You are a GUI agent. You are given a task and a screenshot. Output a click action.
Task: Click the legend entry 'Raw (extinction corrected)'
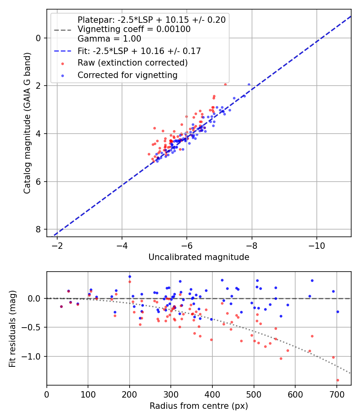click(132, 63)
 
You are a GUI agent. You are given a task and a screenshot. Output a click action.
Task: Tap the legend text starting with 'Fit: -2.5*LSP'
click(139, 51)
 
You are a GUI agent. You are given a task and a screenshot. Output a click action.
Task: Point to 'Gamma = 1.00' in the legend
click(109, 39)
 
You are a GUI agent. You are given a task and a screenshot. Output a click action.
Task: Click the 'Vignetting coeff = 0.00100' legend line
click(134, 29)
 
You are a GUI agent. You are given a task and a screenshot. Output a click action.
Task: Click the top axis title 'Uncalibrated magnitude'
click(199, 257)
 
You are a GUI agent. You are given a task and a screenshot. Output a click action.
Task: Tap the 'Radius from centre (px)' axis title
click(199, 406)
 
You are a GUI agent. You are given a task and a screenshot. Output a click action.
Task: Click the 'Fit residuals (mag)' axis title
click(13, 328)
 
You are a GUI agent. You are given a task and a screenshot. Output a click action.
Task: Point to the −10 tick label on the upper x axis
click(317, 245)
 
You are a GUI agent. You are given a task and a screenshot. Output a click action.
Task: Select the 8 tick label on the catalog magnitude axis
click(38, 229)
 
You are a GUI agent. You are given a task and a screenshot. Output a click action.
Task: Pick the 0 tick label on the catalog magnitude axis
click(38, 38)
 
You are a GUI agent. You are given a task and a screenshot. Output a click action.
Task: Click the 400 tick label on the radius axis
click(212, 394)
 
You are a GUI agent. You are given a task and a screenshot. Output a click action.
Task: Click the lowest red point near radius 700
click(338, 380)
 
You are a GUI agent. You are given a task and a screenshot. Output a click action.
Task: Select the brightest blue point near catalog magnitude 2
click(249, 84)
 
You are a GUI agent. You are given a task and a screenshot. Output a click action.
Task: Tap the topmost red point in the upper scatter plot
click(225, 84)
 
